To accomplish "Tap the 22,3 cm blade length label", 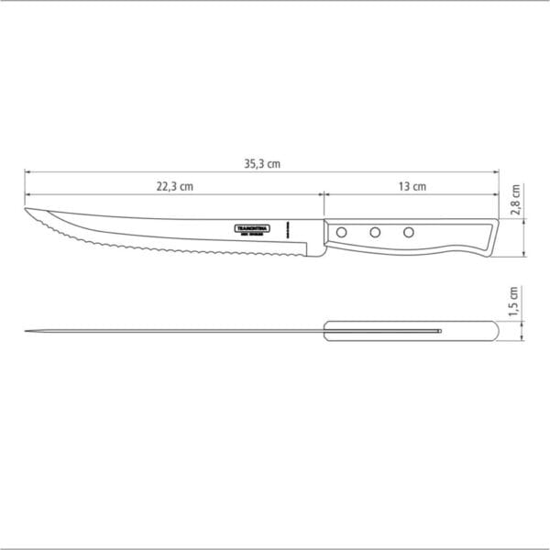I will (174, 186).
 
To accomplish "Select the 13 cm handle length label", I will (412, 186).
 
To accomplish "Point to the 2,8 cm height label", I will (516, 199).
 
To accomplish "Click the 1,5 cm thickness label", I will (515, 301).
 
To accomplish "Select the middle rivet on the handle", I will (374, 232).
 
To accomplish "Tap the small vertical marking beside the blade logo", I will (287, 227).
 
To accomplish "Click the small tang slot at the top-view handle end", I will (440, 329).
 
